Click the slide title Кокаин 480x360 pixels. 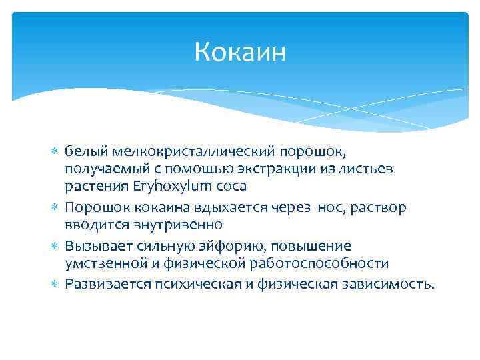point(239,52)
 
